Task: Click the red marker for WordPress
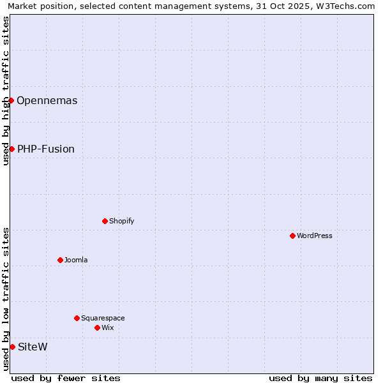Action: (x=292, y=236)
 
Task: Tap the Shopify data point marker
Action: (x=105, y=221)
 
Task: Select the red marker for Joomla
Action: (x=60, y=260)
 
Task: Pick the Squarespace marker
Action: (x=77, y=318)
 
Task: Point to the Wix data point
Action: (x=97, y=327)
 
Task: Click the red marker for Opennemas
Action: (x=11, y=100)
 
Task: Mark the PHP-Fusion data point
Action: (x=11, y=149)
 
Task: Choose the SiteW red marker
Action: (x=12, y=347)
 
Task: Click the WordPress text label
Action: (x=314, y=236)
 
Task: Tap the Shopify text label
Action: (x=121, y=221)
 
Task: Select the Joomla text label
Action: (x=76, y=260)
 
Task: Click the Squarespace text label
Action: (x=103, y=318)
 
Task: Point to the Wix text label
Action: (x=107, y=327)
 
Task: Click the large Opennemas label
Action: (x=47, y=100)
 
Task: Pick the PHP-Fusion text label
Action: (x=45, y=149)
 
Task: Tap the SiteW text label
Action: (x=33, y=347)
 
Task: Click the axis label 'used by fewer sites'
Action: (x=66, y=378)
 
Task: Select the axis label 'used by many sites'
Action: (x=320, y=378)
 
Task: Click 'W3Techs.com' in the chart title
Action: (x=349, y=6)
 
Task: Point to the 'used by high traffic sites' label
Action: (x=6, y=91)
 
